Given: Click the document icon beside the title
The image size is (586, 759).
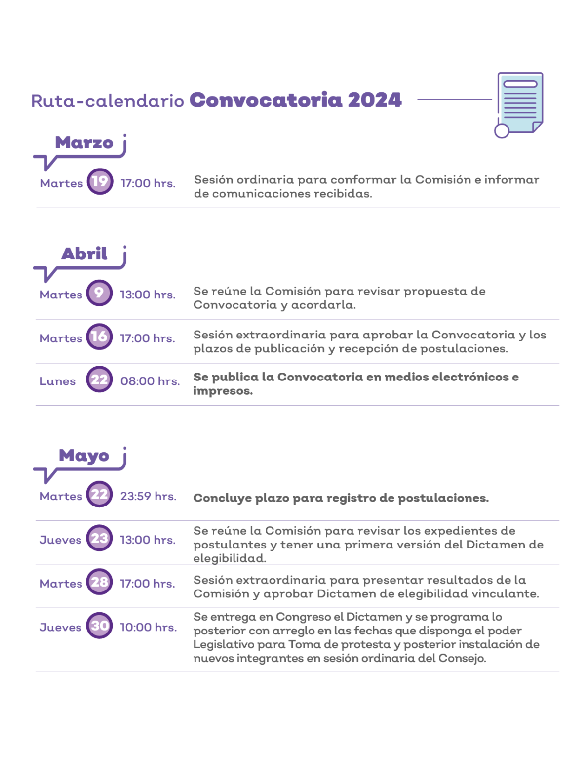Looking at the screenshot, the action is pos(519,104).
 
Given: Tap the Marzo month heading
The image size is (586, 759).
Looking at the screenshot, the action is pos(84,142).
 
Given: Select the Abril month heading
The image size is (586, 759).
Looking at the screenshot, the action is pos(84,253).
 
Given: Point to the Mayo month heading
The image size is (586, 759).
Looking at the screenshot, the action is pos(84,456).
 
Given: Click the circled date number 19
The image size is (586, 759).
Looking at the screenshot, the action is pos(100,182).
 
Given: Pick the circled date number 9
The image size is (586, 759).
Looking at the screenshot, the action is pos(99,293).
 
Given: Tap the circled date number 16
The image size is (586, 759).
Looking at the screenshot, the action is pos(99,337).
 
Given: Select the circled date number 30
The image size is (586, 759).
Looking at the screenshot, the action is pos(99,626).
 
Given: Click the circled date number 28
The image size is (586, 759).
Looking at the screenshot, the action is pos(99,582).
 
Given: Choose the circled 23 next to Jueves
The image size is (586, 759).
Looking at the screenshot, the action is pos(99,538).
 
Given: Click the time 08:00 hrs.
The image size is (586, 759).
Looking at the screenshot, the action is pos(150,381).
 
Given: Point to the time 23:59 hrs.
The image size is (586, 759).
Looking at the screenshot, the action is pos(148,496).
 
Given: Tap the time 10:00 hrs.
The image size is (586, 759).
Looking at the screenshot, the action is pos(149,628).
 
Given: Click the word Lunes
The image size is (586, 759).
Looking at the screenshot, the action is pos(58,381).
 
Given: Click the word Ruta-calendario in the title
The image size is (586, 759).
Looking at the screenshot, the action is pos(108,101).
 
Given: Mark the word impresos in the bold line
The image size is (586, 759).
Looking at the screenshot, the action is pos(222,391).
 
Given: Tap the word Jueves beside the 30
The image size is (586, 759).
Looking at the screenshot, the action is pos(61,628).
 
